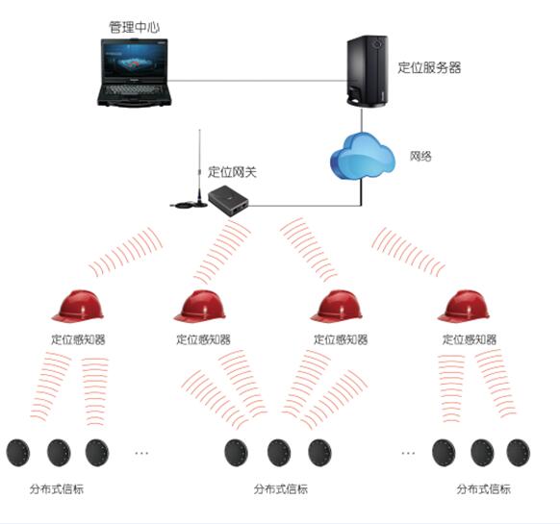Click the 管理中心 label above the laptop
click(x=135, y=28)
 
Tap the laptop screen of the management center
click(x=135, y=60)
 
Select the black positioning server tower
click(x=368, y=71)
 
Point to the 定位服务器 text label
click(x=430, y=67)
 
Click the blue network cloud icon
click(x=363, y=156)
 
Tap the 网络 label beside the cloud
click(x=420, y=156)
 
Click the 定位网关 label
click(x=232, y=172)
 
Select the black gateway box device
click(x=229, y=201)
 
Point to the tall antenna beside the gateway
click(x=199, y=167)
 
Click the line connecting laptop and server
click(x=258, y=81)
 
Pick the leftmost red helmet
click(x=78, y=306)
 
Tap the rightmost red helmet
click(x=464, y=306)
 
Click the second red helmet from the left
click(x=200, y=306)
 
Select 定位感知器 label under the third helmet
click(x=341, y=339)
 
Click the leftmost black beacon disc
click(x=18, y=453)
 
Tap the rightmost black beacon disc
click(x=519, y=453)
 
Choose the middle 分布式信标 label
click(x=281, y=488)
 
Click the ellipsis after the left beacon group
click(x=141, y=453)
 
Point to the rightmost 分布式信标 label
click(x=484, y=488)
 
